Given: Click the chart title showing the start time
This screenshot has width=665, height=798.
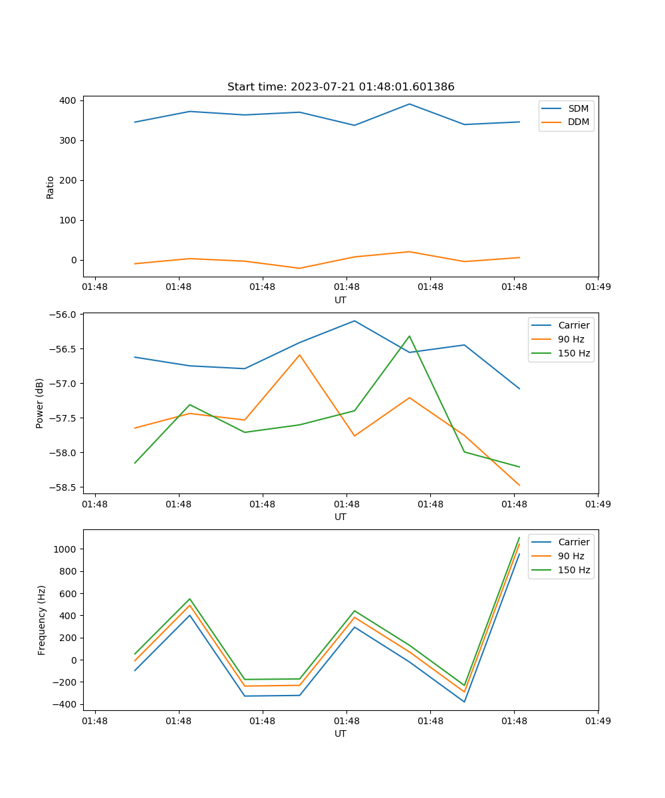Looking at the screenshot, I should pos(340,87).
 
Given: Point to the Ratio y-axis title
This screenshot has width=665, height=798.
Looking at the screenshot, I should pos(51,187).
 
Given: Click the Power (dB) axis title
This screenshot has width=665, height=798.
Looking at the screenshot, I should pos(41,403).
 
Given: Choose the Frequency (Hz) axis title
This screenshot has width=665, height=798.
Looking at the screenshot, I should pos(42,620).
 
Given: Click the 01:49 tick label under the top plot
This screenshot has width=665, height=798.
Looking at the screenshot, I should pos(597,287).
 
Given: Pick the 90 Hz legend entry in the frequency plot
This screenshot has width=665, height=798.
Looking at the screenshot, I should pos(572,556).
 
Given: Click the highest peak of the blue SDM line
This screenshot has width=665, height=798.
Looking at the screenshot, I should pos(410,104).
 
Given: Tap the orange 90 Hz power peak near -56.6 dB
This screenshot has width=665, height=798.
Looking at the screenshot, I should pos(299,354).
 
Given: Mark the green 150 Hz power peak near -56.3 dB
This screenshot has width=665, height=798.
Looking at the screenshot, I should pos(410,336).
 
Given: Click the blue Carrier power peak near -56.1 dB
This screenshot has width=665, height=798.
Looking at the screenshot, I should pos(354,321).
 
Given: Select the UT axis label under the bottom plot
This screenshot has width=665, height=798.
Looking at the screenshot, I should pos(340,733).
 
